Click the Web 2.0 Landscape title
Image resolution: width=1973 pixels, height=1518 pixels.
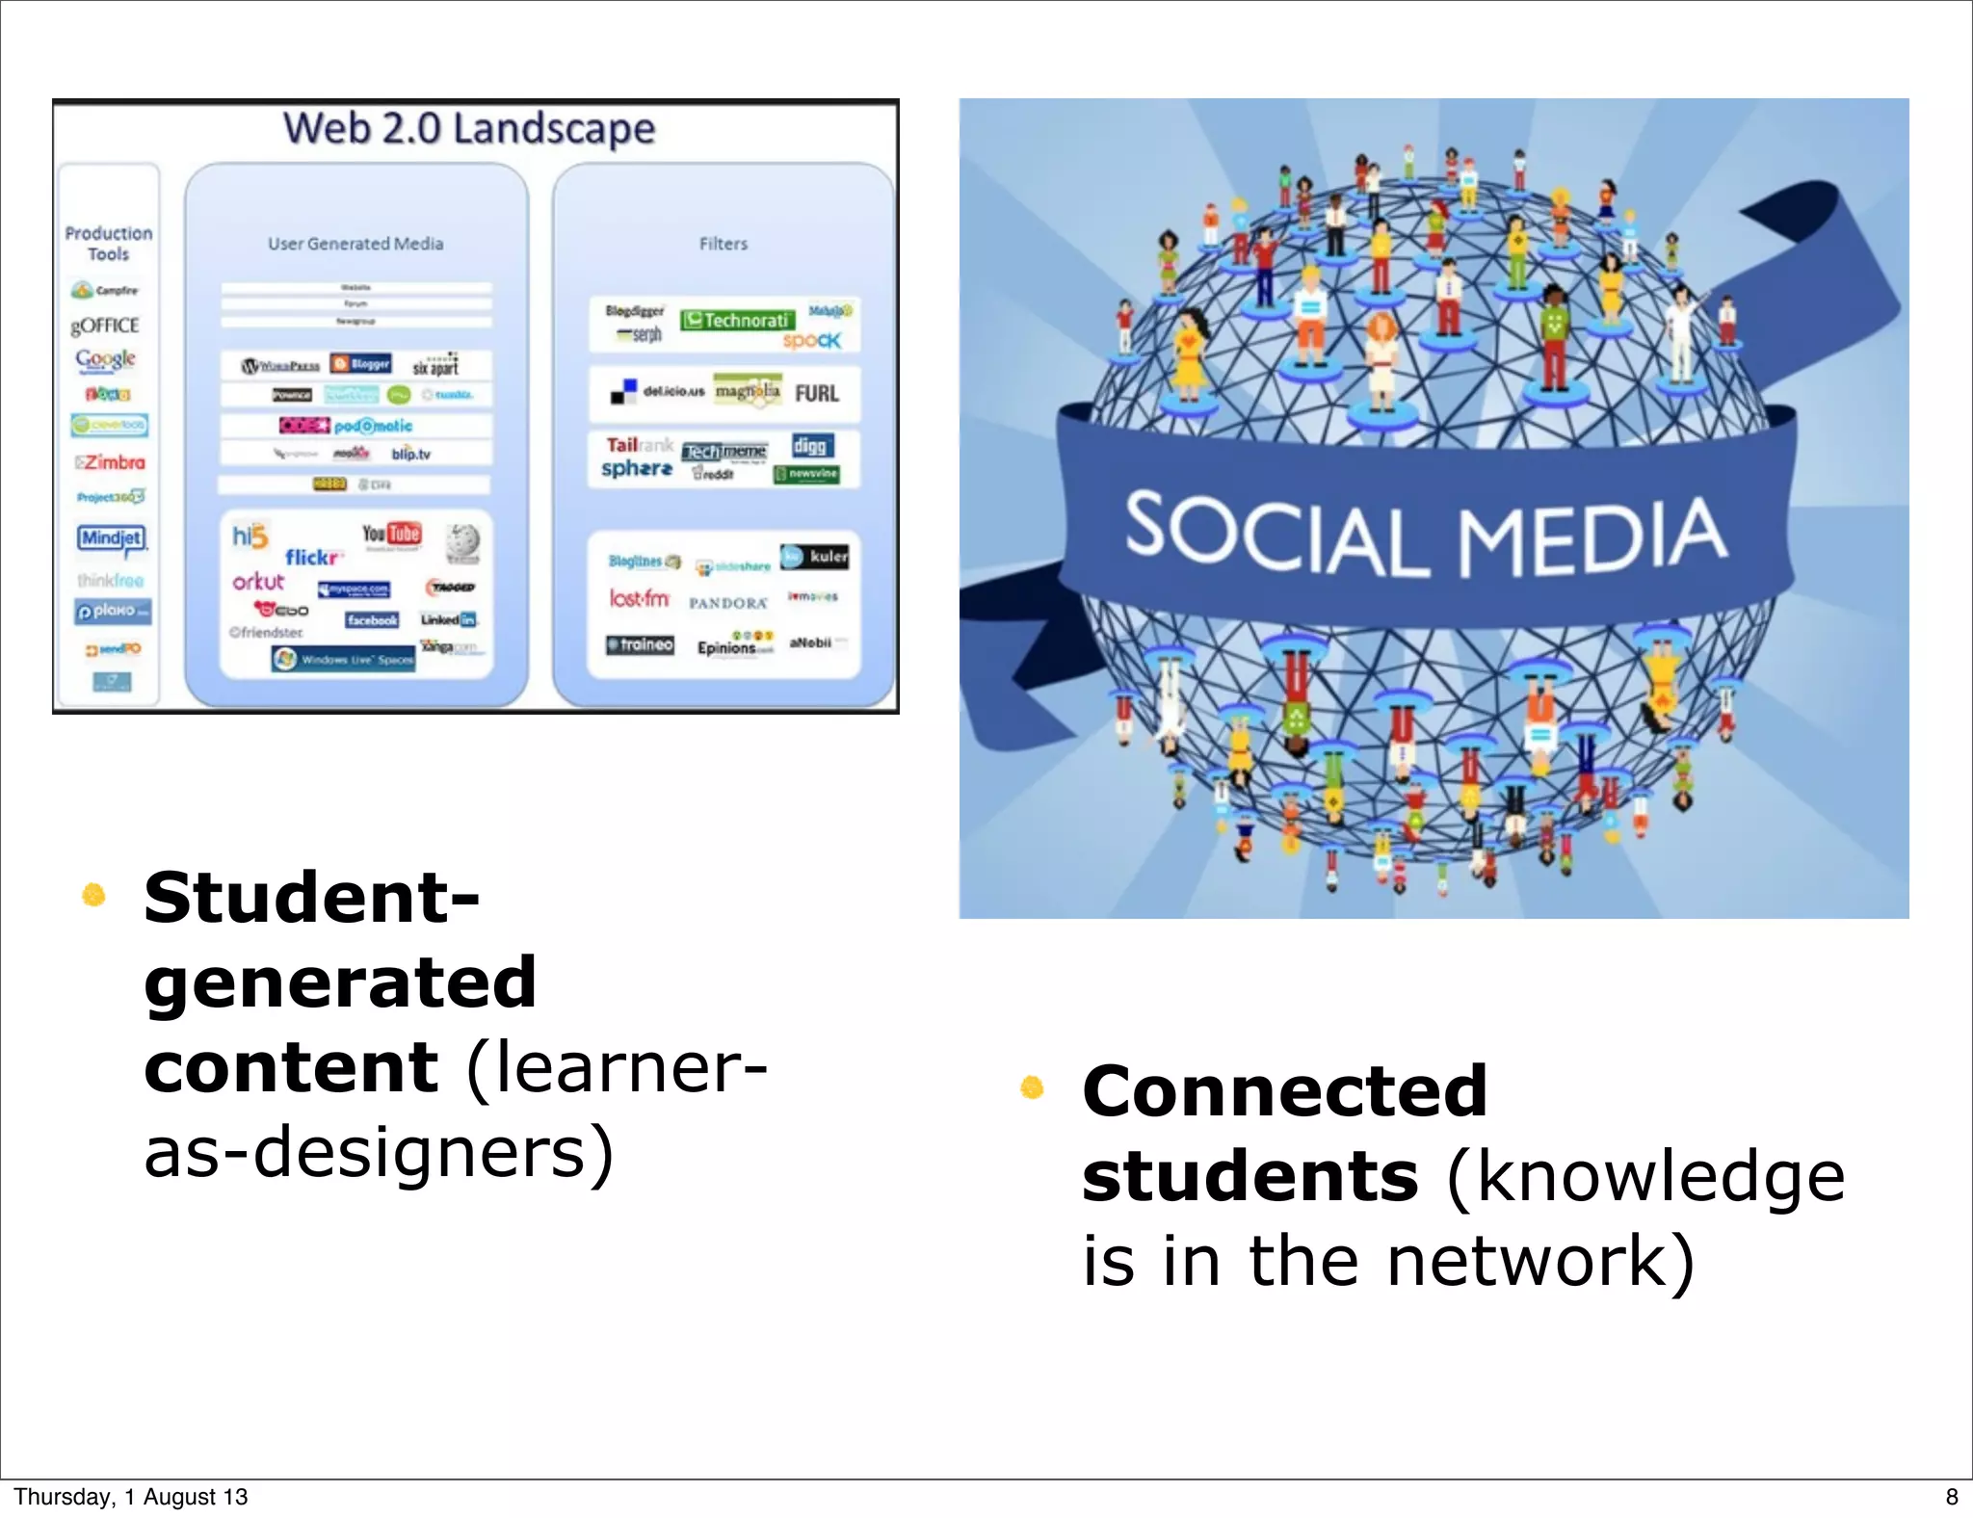[469, 128]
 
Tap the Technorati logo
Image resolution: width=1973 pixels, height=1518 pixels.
[738, 320]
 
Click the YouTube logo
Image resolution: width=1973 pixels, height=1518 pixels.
[391, 534]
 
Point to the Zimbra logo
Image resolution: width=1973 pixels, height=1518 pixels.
[111, 462]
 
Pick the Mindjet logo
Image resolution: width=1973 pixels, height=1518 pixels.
[112, 537]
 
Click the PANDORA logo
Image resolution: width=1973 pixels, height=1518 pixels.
[728, 603]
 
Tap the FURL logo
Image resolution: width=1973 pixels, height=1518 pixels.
[817, 393]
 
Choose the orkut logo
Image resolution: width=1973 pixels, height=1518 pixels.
[258, 582]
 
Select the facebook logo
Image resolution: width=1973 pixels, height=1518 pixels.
[372, 620]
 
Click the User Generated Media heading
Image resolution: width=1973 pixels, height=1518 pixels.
[355, 244]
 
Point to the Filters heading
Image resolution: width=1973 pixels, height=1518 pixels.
[723, 244]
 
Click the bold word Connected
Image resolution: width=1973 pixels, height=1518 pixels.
[1285, 1091]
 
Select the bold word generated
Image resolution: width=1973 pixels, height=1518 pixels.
[340, 982]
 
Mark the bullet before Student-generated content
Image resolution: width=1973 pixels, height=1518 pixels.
[93, 896]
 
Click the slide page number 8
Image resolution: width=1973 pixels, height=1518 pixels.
[1952, 1497]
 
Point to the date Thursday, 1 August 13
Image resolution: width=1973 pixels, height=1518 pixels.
[131, 1497]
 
